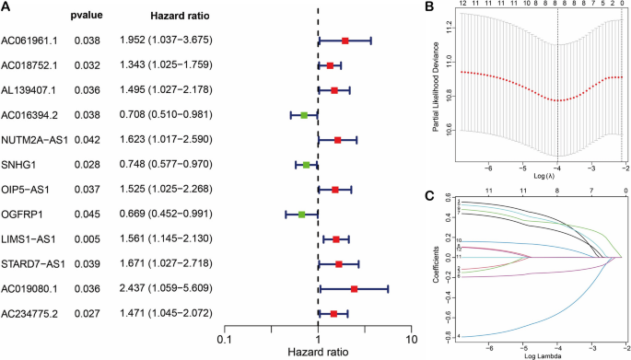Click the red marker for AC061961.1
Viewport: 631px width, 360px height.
[345, 41]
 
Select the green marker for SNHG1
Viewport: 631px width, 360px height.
[307, 165]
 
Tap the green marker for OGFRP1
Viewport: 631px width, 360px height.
[301, 215]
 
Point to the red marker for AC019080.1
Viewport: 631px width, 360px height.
[354, 289]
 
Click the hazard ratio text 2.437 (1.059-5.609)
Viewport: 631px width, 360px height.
[162, 289]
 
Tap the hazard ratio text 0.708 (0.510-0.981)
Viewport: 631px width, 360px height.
[162, 115]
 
